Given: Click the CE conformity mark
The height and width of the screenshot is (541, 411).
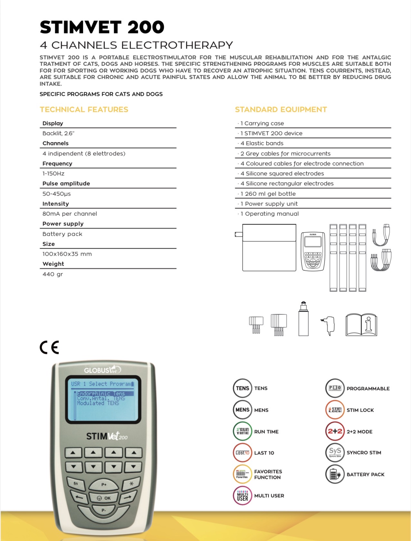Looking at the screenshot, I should (x=49, y=347).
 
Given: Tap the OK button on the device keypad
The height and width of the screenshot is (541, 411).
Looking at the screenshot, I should (x=104, y=498).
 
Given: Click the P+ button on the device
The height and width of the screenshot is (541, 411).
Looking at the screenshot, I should (x=104, y=484).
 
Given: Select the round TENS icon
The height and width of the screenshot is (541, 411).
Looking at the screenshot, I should (x=242, y=388).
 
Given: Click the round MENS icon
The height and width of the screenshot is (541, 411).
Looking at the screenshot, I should (x=242, y=410).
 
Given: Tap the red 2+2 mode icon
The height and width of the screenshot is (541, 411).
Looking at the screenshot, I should (x=335, y=431).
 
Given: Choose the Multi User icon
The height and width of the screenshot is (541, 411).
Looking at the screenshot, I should (x=242, y=496).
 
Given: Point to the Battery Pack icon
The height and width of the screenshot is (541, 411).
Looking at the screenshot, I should (x=335, y=474).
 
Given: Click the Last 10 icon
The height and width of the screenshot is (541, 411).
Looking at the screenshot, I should (x=242, y=453).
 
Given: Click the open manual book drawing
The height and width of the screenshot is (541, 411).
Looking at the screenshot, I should (x=361, y=325).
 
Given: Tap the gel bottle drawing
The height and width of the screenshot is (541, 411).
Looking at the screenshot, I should (x=303, y=319).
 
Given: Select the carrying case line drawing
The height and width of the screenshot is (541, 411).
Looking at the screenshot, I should (x=269, y=248).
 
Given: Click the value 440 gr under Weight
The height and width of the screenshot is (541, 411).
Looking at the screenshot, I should (x=53, y=274).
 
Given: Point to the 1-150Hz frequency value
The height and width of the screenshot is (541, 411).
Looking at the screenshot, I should (x=53, y=174).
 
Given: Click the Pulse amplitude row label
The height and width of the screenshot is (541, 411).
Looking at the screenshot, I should (x=66, y=184).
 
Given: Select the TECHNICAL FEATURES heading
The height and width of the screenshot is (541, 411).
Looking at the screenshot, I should (x=84, y=110).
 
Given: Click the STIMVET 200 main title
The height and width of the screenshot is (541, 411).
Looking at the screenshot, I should (x=102, y=27).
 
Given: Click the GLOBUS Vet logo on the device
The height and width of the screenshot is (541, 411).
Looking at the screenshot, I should (x=102, y=370).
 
